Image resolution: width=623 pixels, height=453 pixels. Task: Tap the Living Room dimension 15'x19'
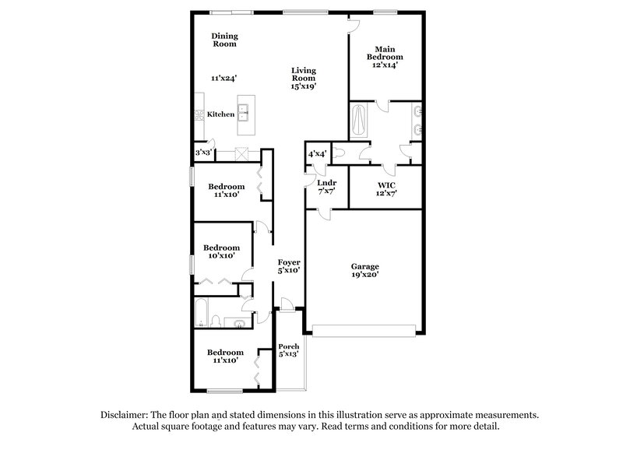304,88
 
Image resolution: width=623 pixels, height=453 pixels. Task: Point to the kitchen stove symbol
199,115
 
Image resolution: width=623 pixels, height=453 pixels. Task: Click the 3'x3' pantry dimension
202,153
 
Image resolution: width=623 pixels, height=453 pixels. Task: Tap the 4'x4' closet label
317,154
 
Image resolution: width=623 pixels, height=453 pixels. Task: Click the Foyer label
290,262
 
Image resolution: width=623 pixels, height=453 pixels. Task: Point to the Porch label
289,346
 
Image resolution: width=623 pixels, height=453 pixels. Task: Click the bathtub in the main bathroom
358,121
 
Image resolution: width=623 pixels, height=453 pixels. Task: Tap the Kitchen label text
221,114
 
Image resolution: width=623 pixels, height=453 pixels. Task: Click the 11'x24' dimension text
224,78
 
